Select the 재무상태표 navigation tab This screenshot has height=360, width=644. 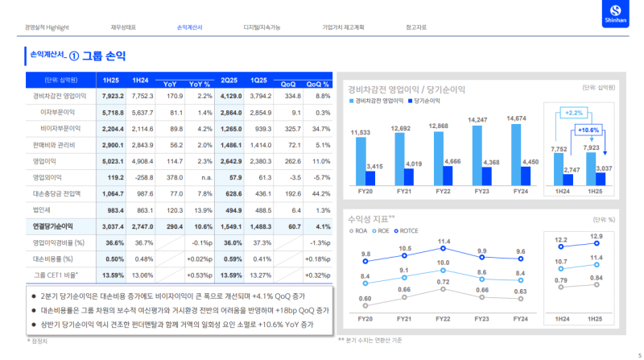[x=123, y=27]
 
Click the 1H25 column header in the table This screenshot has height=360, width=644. [x=113, y=81]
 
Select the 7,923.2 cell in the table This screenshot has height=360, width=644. [x=113, y=96]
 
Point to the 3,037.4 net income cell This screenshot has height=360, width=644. [x=113, y=226]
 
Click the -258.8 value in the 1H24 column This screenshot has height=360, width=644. [x=142, y=177]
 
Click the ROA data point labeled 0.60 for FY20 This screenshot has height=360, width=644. [x=365, y=305]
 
